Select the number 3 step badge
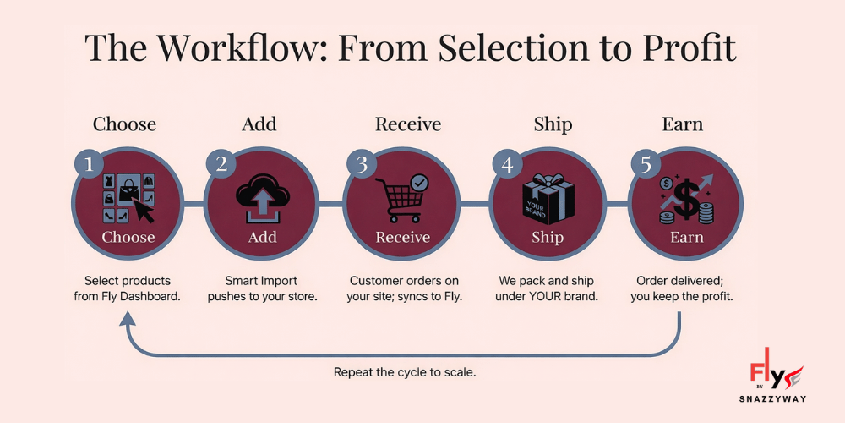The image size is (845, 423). click(x=363, y=164)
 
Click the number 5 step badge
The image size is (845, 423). click(x=646, y=164)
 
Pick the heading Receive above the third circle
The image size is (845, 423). click(x=408, y=124)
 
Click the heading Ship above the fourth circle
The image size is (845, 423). click(x=553, y=124)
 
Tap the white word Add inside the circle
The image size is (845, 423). click(x=262, y=238)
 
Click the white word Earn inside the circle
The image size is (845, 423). click(x=686, y=238)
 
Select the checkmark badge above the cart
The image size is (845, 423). click(x=418, y=182)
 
